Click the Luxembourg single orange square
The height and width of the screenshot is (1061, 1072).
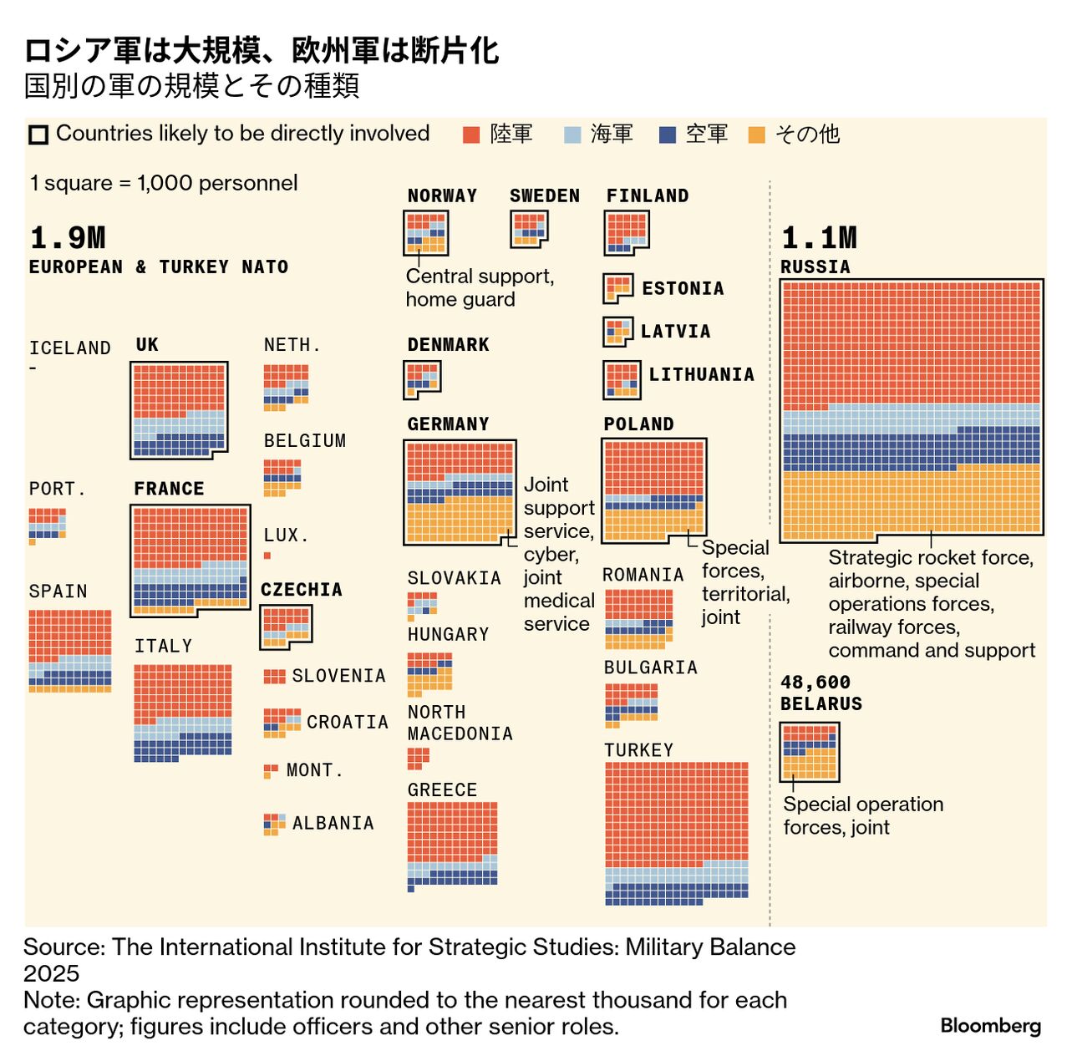coord(267,556)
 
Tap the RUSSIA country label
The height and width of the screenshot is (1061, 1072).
coord(815,267)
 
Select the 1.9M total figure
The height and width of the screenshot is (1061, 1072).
coord(68,238)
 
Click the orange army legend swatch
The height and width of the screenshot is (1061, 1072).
coord(471,135)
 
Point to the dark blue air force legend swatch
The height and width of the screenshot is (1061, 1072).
coord(667,135)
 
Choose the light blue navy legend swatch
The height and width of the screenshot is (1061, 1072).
coord(572,135)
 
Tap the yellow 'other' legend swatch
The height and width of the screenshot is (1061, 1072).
coord(757,135)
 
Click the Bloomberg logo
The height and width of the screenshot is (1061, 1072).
coord(990,1026)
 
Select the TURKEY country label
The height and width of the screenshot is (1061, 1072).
coord(638,750)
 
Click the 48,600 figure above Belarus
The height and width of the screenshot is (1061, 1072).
coord(815,683)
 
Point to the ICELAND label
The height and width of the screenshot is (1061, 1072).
coord(69,348)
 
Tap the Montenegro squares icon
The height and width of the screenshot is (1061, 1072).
coord(271,770)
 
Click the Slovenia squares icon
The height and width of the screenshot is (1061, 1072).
coord(274,676)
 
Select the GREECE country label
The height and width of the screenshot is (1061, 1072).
coord(442,790)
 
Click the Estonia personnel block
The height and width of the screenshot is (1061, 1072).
coord(617,288)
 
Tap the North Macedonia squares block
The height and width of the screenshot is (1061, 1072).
coord(418,758)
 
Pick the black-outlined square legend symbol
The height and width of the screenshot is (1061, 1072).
coord(38,135)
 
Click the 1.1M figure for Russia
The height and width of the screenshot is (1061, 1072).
coord(819,238)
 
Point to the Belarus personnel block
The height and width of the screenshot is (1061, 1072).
coord(809,751)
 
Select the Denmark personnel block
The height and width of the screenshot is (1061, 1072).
coord(422,379)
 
